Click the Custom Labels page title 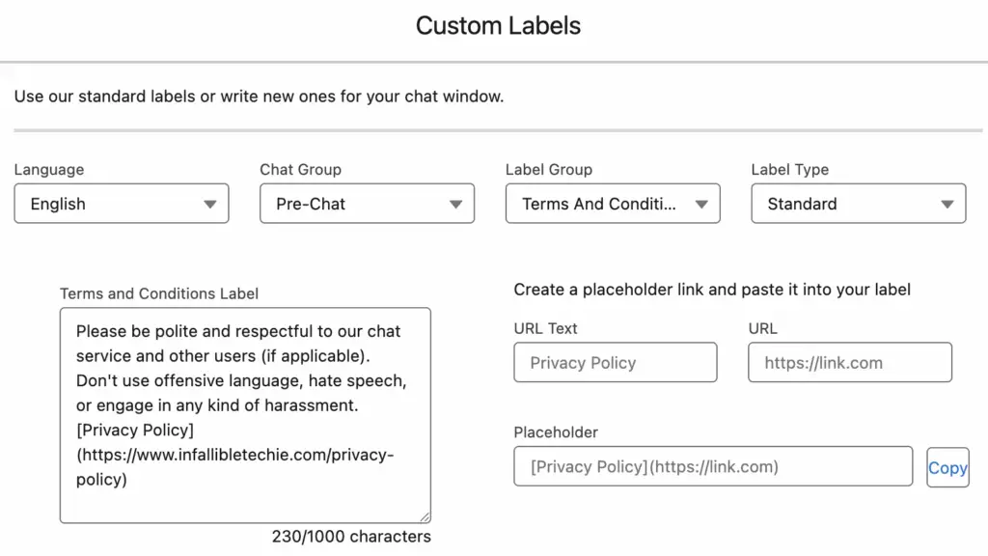498,26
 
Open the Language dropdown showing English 122,204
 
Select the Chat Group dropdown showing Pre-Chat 368,204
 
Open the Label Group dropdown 613,204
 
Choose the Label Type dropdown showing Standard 859,204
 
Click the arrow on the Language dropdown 209,205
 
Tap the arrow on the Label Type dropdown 947,205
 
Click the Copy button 947,468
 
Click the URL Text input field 616,363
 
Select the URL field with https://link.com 850,363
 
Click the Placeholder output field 713,466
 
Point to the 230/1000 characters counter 351,537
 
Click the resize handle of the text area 425,517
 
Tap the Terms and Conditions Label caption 159,293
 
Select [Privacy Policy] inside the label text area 135,430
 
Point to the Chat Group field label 301,170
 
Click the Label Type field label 790,170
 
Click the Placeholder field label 556,432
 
